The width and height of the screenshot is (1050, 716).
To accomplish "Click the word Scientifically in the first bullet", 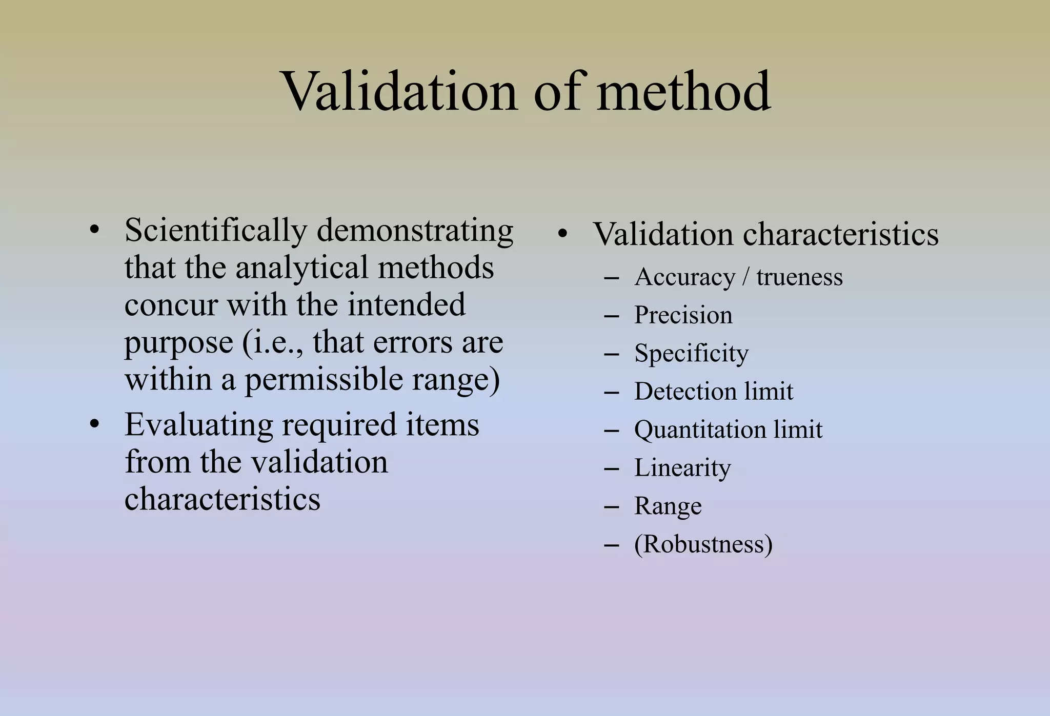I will click(215, 231).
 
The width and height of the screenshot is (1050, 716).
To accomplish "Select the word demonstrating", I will click(415, 231).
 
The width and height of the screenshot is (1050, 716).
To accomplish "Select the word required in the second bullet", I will click(339, 425).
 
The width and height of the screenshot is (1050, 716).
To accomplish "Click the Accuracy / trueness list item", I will click(738, 277).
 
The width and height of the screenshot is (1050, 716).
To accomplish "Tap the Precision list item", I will click(683, 315).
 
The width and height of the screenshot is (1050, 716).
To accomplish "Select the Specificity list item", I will click(691, 353).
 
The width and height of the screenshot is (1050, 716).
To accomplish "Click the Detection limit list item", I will click(714, 391).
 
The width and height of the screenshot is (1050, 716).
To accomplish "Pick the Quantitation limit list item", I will click(728, 429).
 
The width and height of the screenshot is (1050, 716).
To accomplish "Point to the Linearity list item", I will click(682, 467).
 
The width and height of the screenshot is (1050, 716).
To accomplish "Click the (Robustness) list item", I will click(703, 544).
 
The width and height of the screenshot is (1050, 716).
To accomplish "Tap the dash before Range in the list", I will click(612, 506).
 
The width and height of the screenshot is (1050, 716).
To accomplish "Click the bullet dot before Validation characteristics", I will click(563, 234).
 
